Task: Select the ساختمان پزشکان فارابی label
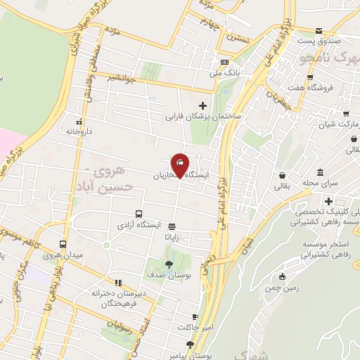pos(203,116)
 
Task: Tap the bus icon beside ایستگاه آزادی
pos(138,214)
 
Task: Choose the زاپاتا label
pos(173,237)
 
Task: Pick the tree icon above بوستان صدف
pos(169,264)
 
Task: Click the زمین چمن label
pos(282,288)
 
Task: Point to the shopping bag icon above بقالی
pos(282,175)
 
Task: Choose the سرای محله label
pos(322,184)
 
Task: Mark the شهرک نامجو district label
pos(330,55)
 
